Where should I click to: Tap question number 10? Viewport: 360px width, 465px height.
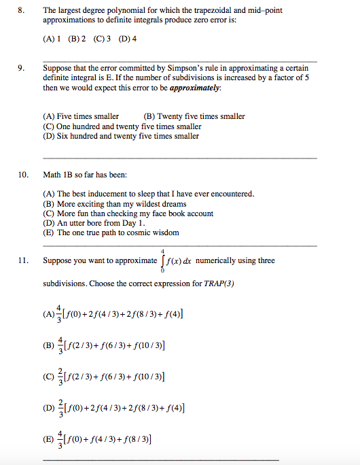(x=23, y=175)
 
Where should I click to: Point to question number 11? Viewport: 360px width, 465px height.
(x=23, y=260)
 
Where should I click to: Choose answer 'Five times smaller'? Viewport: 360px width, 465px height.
(x=81, y=116)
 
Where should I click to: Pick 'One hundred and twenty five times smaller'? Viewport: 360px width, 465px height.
(x=122, y=126)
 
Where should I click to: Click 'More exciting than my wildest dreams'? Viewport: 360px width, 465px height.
(x=115, y=203)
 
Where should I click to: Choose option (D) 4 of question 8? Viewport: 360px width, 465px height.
(x=128, y=39)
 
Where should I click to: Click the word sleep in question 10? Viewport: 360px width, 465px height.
(x=141, y=194)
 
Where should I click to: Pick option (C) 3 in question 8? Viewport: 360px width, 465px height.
(x=103, y=39)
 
